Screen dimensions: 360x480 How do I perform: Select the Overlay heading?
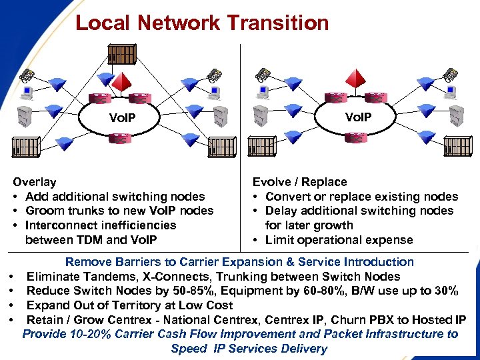pos(35,182)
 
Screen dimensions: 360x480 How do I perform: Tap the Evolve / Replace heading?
pos(299,182)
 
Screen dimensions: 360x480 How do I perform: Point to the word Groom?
pos(43,211)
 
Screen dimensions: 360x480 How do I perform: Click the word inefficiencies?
pos(134,225)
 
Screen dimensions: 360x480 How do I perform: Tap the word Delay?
pos(280,211)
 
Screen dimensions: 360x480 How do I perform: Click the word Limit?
pos(279,240)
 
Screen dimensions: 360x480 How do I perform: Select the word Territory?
pos(148,305)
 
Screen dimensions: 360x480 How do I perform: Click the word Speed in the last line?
pos(189,349)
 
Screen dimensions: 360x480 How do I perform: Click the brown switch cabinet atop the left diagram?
pos(121,54)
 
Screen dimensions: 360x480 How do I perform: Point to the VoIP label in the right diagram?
pos(358,117)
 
